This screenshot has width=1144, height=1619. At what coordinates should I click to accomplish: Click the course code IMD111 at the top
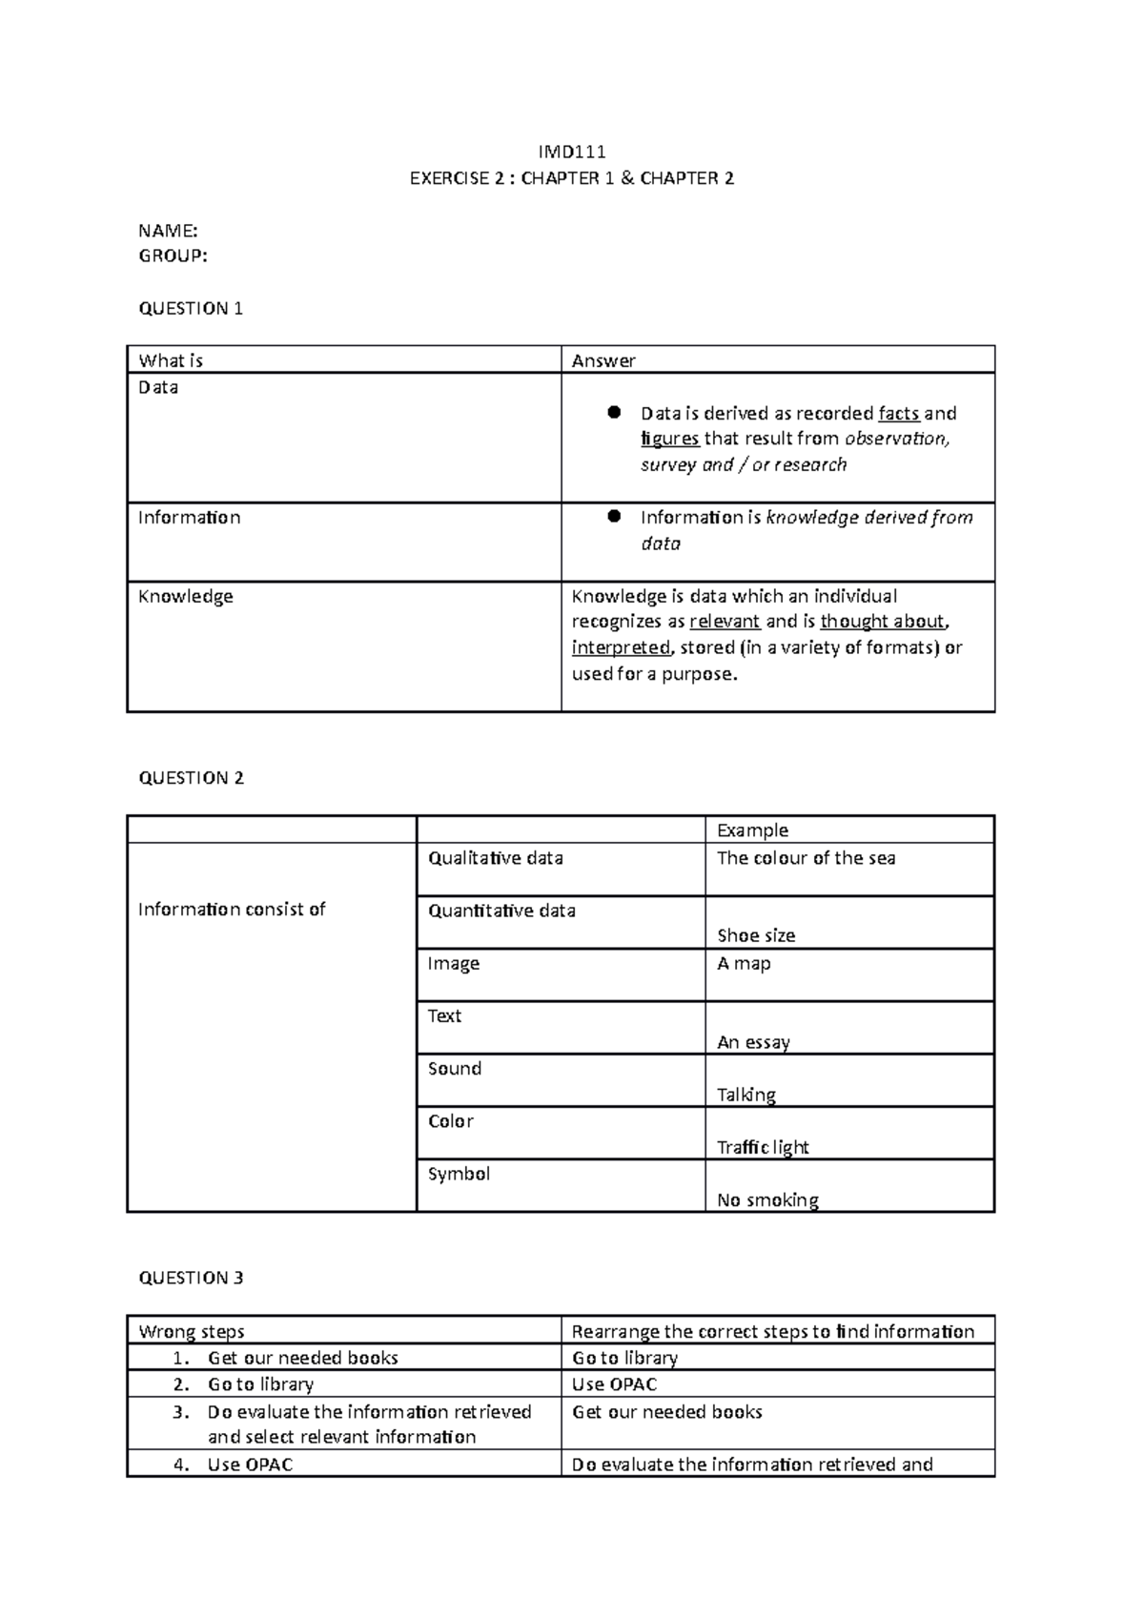[x=572, y=152]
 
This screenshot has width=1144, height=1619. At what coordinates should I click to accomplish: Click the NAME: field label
[x=168, y=230]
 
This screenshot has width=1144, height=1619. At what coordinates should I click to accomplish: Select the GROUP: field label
[x=173, y=256]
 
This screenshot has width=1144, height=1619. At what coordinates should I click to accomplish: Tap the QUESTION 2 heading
[x=191, y=778]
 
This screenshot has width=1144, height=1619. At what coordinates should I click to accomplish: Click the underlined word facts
[x=898, y=413]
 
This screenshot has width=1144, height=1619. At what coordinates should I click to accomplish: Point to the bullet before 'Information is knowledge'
[x=614, y=516]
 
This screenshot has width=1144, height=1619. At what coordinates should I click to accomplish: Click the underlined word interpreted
[x=621, y=647]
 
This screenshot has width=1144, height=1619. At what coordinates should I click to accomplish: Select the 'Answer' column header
[x=603, y=360]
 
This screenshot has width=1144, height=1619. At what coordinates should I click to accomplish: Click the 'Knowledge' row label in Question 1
[x=186, y=596]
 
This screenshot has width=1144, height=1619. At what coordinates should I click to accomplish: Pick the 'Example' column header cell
[x=752, y=830]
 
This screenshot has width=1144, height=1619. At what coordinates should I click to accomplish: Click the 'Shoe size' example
[x=756, y=935]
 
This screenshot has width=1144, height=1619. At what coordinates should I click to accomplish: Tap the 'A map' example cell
[x=744, y=963]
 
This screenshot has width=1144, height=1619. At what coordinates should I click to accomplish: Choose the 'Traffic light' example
[x=763, y=1147]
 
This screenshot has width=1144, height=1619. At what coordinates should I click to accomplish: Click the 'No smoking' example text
[x=767, y=1199]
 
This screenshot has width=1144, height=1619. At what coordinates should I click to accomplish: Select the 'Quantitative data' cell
[x=501, y=911]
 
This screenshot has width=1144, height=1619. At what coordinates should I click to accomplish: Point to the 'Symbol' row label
[x=459, y=1174]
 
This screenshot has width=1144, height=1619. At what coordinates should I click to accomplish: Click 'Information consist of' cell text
[x=232, y=909]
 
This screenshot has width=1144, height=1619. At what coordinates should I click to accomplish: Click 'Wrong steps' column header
[x=192, y=1331]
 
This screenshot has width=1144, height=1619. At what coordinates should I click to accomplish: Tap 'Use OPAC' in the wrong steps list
[x=250, y=1464]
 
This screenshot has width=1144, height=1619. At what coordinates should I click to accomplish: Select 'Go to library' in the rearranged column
[x=624, y=1357]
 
